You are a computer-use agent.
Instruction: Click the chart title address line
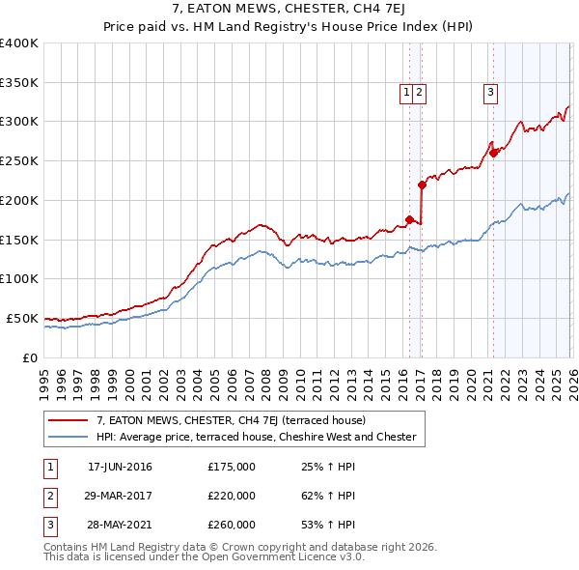(289, 10)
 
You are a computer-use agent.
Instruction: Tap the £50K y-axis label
(22, 318)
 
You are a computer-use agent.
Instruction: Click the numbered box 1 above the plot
(406, 93)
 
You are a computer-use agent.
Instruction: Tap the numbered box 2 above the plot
(422, 93)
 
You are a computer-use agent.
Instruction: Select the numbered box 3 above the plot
(490, 93)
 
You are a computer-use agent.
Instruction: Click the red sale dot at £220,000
(422, 185)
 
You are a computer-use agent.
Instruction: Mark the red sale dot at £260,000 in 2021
(493, 153)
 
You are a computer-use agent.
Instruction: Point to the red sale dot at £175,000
(409, 219)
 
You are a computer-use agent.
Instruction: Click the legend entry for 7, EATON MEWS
(231, 421)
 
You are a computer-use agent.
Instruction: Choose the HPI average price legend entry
(256, 438)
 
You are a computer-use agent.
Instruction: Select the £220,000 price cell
(232, 496)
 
